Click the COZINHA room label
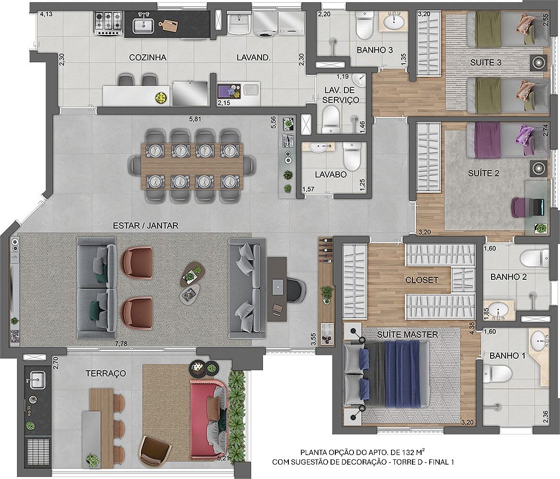click(x=148, y=57)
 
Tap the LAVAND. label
click(x=253, y=57)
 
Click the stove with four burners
click(x=109, y=23)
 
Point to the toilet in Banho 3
click(x=365, y=26)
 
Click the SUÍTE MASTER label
click(x=408, y=335)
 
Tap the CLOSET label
click(x=422, y=280)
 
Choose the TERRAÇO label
click(x=106, y=374)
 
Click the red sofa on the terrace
click(x=208, y=419)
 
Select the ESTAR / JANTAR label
click(x=145, y=226)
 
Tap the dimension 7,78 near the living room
click(x=121, y=343)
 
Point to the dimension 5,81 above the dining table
click(x=195, y=119)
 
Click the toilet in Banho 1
click(x=498, y=374)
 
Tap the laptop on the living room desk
click(x=278, y=287)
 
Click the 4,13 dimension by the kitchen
click(x=46, y=14)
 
